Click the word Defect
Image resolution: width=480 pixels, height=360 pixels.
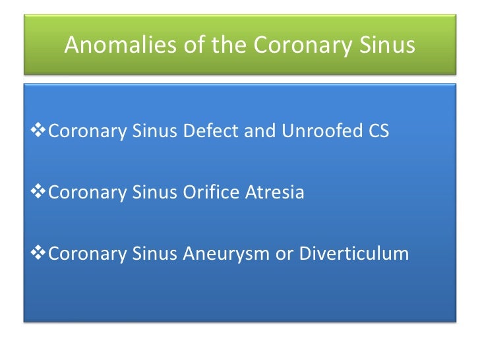209,132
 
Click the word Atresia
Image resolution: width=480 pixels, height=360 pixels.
276,193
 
